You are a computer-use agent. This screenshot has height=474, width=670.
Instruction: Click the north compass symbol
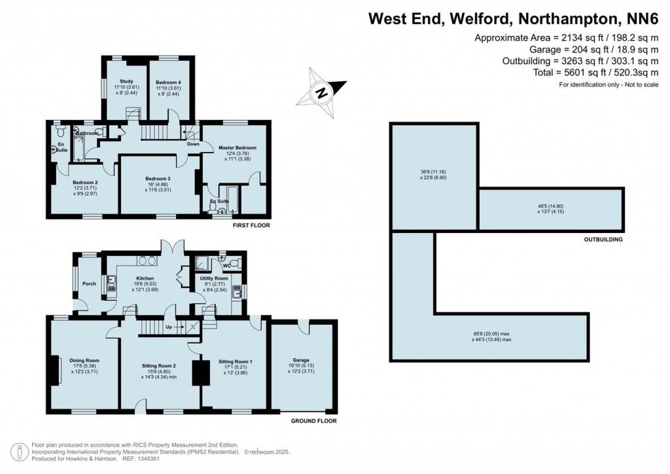(321, 92)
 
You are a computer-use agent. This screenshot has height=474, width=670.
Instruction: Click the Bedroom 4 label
(168, 81)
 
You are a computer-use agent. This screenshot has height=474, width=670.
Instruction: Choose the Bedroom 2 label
(85, 182)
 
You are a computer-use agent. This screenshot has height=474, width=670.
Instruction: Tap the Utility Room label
(214, 278)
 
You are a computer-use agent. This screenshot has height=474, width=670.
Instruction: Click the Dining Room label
(85, 360)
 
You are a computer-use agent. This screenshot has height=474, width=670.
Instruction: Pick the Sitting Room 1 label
(234, 361)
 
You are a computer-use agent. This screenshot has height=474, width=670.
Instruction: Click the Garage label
(301, 360)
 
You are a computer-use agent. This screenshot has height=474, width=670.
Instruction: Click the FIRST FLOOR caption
(251, 225)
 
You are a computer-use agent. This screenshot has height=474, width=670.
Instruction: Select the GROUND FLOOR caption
(313, 421)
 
